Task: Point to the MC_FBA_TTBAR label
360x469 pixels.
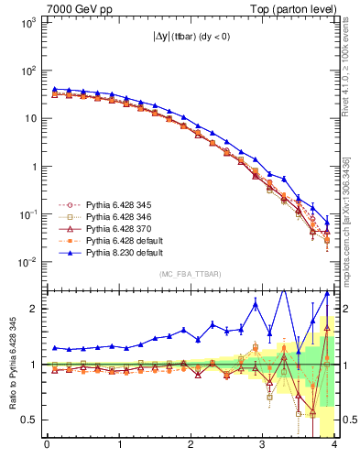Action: pos(189,274)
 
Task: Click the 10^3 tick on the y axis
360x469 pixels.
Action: pos(27,22)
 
